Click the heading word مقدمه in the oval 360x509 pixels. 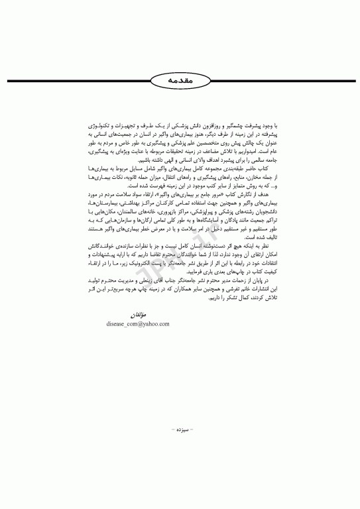click(180, 78)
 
